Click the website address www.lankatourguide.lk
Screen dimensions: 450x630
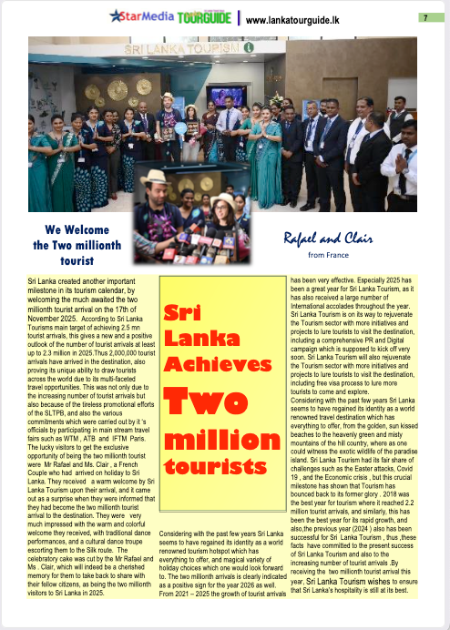296,19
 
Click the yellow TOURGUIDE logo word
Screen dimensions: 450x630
204,17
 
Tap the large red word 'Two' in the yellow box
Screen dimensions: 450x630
210,401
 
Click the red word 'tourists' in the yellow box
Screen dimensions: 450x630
210,469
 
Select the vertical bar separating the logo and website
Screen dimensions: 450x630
240,18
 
